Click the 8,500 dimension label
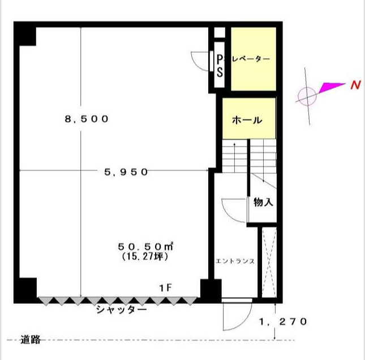click(x=87, y=119)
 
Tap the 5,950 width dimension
click(x=126, y=172)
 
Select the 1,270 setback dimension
click(x=283, y=322)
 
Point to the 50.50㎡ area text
click(x=145, y=246)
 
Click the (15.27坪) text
click(x=145, y=256)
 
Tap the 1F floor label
click(x=165, y=288)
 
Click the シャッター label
click(x=122, y=310)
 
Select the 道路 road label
click(x=31, y=340)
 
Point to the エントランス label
click(x=235, y=262)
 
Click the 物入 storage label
click(x=263, y=202)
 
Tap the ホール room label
click(x=247, y=120)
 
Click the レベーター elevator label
click(x=251, y=59)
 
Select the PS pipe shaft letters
click(x=220, y=66)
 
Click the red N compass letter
click(x=355, y=85)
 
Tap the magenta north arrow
click(x=332, y=88)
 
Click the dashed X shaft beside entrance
click(x=269, y=263)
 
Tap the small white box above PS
click(x=220, y=33)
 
